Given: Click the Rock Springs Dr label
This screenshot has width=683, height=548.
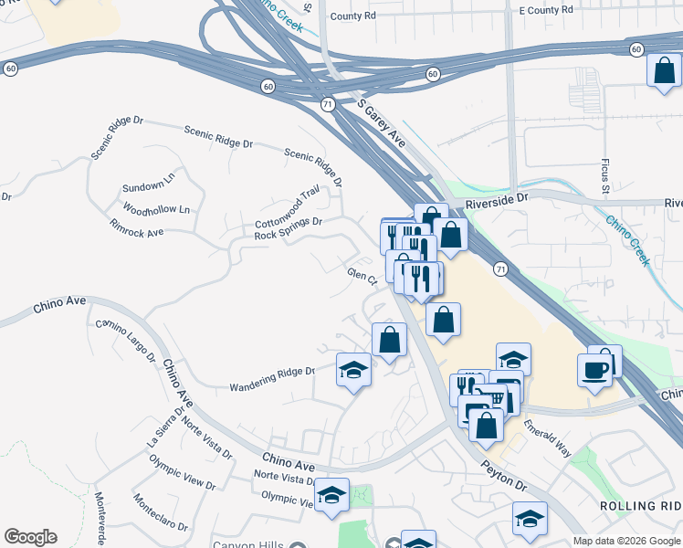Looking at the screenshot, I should coord(289,228).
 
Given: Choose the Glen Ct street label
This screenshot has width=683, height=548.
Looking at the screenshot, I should coord(362,275).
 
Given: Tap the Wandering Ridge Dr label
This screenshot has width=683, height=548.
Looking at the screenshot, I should coord(271,373).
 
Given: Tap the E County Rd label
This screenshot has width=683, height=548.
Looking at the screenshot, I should coord(545,9).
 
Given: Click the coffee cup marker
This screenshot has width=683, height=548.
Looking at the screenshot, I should coord(594,369).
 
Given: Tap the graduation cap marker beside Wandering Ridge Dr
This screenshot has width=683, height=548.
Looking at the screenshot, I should coord(354,369).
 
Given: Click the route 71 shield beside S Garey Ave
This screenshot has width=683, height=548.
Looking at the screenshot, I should coord(327,105).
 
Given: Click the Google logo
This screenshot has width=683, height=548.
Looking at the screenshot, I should coord(30,537).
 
